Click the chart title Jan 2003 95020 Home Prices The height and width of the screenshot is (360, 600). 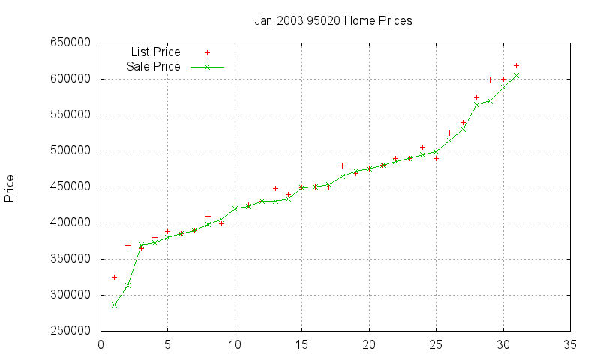[333, 21]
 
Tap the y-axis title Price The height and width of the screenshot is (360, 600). [10, 188]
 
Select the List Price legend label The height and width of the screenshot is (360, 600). [155, 52]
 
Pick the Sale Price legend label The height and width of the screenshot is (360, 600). [153, 67]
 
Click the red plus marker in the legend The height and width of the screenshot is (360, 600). [208, 52]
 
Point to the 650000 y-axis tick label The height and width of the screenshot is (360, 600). [70, 43]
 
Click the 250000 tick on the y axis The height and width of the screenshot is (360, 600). [70, 331]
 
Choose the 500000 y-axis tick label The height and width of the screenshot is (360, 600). [70, 151]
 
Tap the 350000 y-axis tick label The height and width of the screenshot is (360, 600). [70, 259]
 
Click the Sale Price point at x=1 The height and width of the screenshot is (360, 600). [114, 304]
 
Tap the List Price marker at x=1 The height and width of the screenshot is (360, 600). [114, 277]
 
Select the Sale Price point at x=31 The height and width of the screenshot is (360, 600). [516, 75]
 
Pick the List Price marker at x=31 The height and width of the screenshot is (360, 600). [516, 65]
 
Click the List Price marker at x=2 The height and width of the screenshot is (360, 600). [127, 245]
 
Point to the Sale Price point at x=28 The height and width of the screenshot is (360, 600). [476, 104]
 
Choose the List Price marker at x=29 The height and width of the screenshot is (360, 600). [490, 79]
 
